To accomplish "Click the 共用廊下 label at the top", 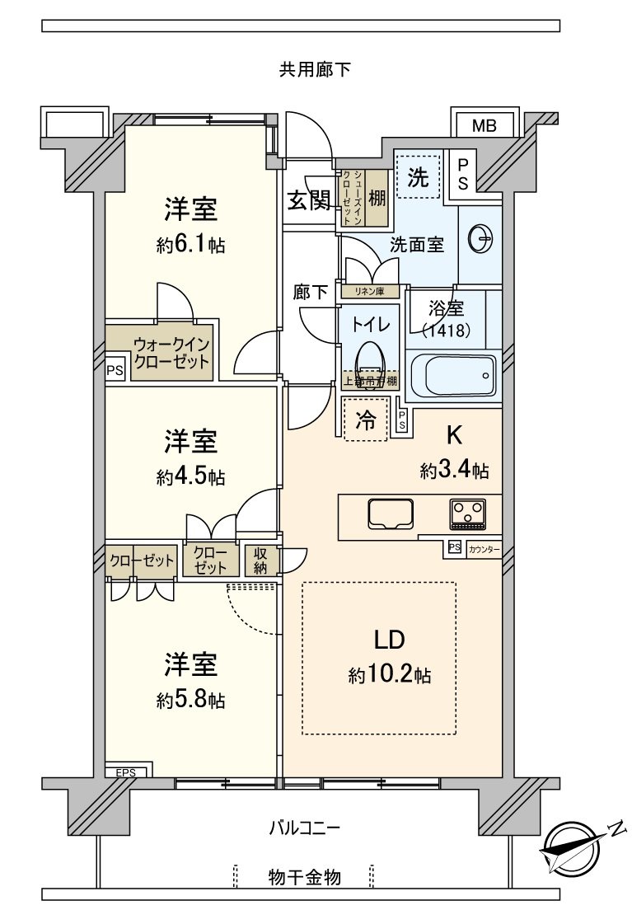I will pyautogui.click(x=314, y=70).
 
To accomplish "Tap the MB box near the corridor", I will pyautogui.click(x=484, y=126).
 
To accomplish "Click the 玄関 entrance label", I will pyautogui.click(x=309, y=200).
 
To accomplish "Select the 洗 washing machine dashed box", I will pyautogui.click(x=419, y=176).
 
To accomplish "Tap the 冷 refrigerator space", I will pyautogui.click(x=365, y=420).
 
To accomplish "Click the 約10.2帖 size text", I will pyautogui.click(x=390, y=676).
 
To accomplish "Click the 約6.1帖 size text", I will pyautogui.click(x=190, y=245).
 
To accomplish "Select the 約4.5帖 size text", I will pyautogui.click(x=190, y=477).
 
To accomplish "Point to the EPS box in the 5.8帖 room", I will pyautogui.click(x=125, y=772).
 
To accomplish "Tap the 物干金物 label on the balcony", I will pyautogui.click(x=304, y=876).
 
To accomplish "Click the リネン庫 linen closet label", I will pyautogui.click(x=370, y=291).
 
